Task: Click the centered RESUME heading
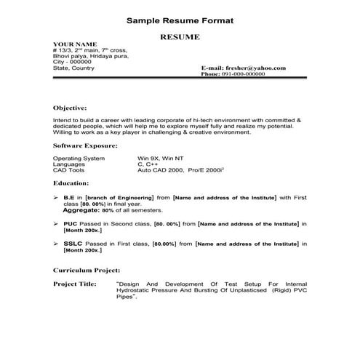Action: point(179,35)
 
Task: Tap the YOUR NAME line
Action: point(76,44)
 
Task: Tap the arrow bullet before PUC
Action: point(57,224)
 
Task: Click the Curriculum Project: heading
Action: point(86,269)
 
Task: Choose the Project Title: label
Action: point(75,283)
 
